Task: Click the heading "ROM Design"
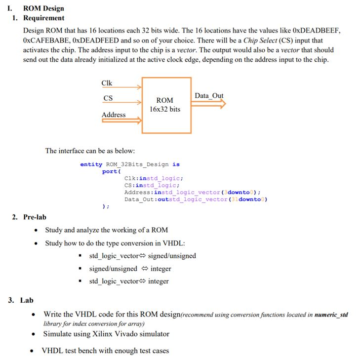coord(43,8)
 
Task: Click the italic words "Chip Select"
coord(260,40)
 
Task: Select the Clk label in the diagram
coord(107,82)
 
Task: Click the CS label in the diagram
coord(108,98)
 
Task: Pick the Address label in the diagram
coord(114,115)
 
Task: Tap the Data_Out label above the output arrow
coord(209,95)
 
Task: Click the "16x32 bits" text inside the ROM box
coord(165,109)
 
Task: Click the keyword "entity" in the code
coord(91,164)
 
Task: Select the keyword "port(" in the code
coord(111,171)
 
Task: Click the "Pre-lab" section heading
coord(35,217)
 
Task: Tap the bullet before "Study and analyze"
coord(37,230)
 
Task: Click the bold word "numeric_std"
coord(331,315)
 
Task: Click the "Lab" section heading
coord(27,300)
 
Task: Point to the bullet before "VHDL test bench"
coord(33,351)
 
